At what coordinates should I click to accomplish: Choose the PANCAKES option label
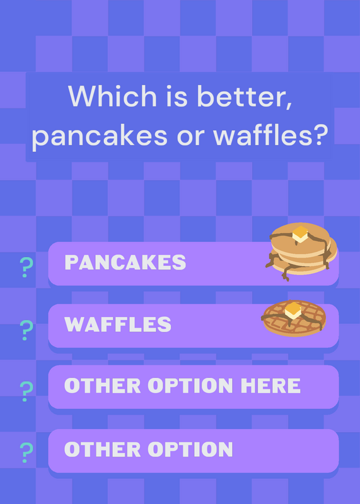click(125, 262)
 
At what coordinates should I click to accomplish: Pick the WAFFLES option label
click(118, 324)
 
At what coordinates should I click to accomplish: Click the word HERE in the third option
click(270, 386)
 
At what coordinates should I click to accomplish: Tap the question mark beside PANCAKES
click(26, 267)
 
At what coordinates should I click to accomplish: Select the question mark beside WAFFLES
click(26, 330)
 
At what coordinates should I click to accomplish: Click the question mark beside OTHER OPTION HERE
click(26, 391)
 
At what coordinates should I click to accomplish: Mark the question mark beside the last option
click(26, 452)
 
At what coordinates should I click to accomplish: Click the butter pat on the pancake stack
click(300, 234)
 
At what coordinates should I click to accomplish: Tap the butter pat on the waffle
click(293, 311)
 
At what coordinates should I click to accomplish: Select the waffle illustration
click(293, 318)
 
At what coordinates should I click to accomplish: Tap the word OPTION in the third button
click(190, 386)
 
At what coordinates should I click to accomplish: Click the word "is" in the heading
click(177, 96)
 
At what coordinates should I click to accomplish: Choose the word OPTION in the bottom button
click(190, 449)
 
